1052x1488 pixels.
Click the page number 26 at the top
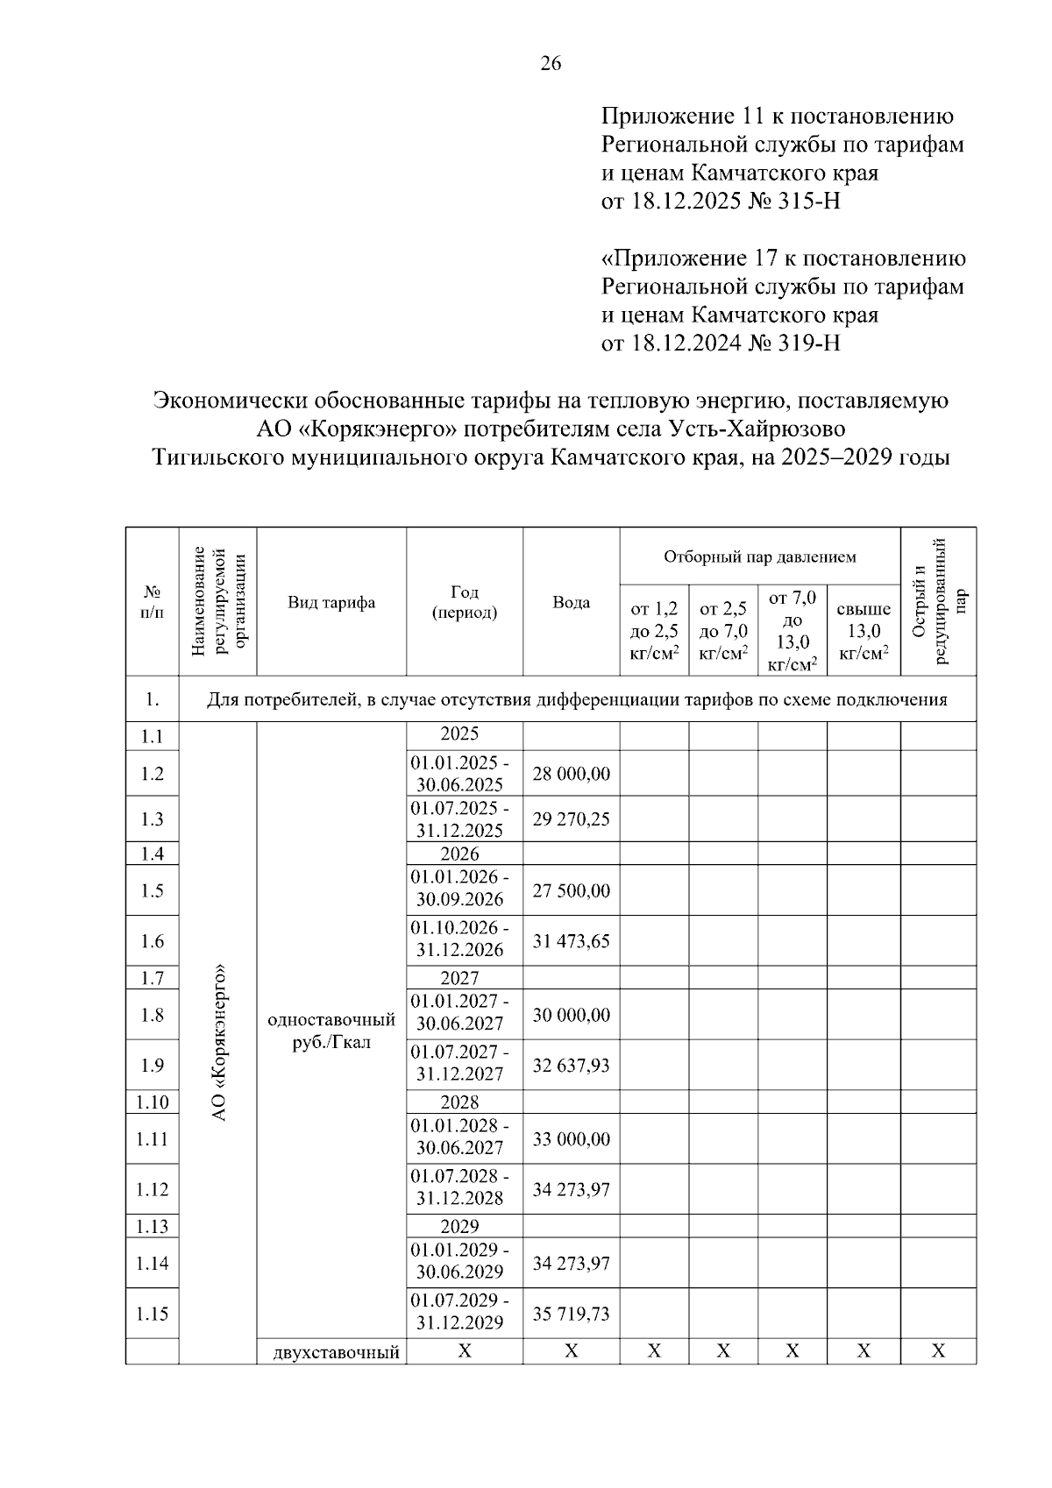(551, 64)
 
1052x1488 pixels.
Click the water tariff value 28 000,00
(571, 774)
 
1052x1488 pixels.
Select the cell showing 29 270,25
(571, 819)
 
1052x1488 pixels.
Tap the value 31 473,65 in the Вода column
(571, 941)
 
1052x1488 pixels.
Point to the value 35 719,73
(571, 1314)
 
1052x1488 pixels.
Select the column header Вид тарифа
(331, 602)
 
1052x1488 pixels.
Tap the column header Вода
(571, 602)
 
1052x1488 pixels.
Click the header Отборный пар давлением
(759, 556)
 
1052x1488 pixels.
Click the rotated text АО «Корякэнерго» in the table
(219, 1043)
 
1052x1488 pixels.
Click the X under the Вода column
(571, 1352)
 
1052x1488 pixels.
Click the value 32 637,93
(571, 1066)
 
